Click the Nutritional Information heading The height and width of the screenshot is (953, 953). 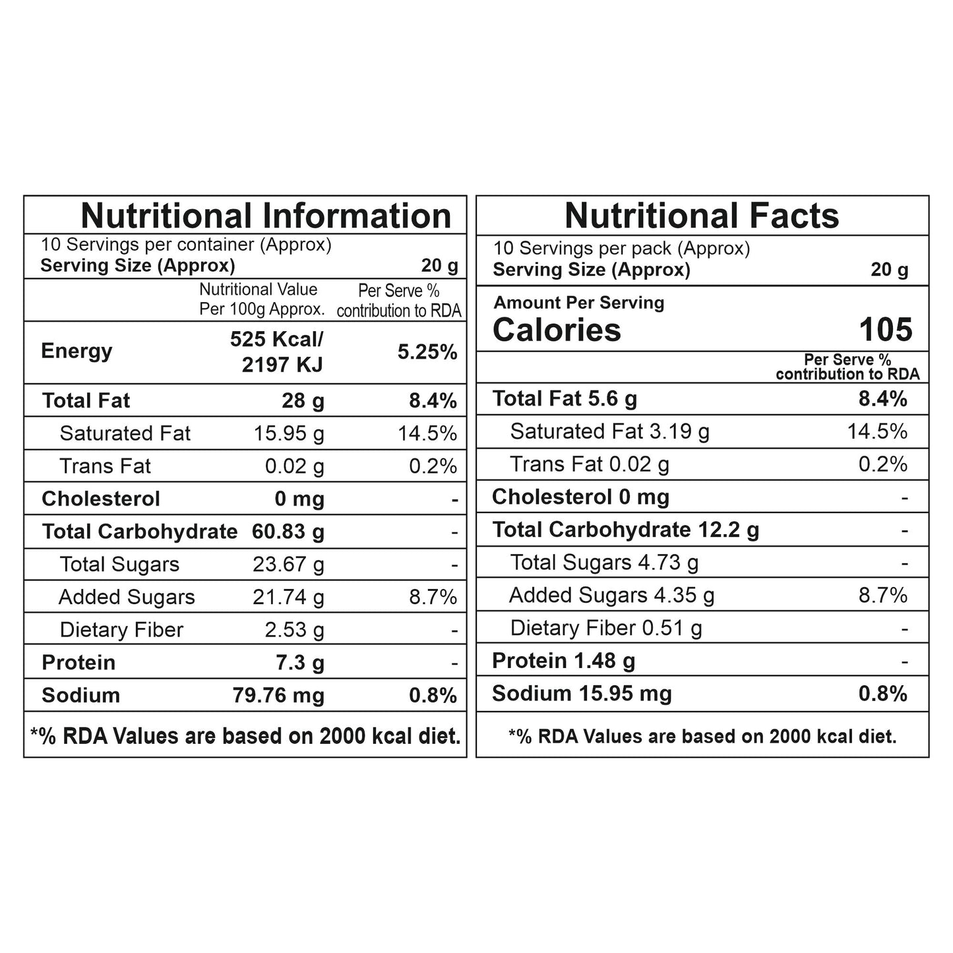(266, 216)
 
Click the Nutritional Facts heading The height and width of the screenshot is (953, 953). (702, 216)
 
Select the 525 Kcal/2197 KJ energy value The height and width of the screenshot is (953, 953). (277, 352)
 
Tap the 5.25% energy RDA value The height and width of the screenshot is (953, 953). (427, 352)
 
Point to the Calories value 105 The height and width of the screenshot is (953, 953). (886, 329)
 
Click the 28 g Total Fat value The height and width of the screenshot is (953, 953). (303, 401)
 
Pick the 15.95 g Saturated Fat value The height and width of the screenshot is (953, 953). (289, 433)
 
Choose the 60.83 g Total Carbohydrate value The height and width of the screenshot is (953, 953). (288, 532)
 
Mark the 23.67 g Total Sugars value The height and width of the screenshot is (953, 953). (288, 565)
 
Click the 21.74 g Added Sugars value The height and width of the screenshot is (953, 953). (288, 597)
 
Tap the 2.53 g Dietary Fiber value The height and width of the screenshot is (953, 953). (294, 630)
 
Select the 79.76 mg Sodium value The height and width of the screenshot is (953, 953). (278, 695)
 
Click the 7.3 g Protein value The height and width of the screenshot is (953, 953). (300, 662)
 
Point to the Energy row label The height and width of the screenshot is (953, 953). (77, 351)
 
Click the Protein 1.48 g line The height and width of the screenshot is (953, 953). (564, 661)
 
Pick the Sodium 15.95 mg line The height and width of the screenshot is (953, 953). (582, 694)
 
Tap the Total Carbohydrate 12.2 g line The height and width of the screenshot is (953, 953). (625, 530)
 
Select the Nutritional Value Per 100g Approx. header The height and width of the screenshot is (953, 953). (262, 299)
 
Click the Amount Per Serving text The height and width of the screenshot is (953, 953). (579, 303)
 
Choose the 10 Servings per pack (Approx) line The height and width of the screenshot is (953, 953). (621, 249)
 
